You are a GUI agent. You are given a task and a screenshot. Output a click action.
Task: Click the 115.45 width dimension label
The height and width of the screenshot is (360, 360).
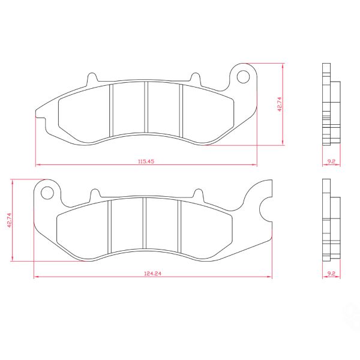146,161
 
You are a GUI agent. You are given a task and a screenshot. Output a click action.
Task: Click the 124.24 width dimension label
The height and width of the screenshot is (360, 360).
152,274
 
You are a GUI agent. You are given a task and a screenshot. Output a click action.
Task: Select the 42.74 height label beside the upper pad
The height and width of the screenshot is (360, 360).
280,104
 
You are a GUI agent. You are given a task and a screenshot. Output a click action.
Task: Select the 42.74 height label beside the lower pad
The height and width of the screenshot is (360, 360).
9,220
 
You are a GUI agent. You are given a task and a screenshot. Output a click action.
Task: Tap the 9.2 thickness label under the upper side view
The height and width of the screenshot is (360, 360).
331,161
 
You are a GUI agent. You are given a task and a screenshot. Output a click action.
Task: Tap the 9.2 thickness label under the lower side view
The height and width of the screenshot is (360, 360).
331,274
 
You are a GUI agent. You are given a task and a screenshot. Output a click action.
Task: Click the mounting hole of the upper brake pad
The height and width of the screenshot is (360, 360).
243,77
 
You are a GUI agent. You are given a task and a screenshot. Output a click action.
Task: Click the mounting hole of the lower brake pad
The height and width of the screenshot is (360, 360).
47,193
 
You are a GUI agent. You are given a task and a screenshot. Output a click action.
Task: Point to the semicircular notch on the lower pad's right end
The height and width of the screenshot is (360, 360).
260,209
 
